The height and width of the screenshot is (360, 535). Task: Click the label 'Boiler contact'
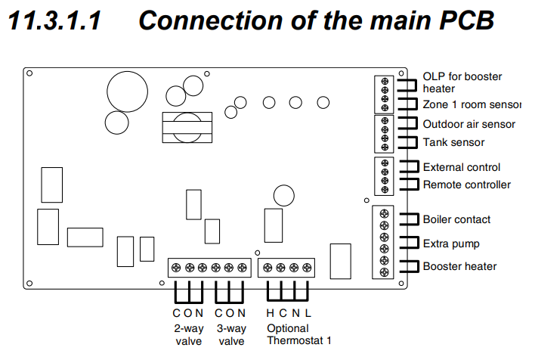(x=456, y=220)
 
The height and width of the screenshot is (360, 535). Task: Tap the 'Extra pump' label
(x=451, y=244)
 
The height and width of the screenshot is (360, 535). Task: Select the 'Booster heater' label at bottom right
(x=459, y=266)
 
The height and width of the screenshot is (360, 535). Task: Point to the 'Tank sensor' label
(x=453, y=142)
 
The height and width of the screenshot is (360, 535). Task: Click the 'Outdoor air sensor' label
(x=469, y=124)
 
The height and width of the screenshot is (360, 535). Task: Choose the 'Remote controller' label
(x=466, y=185)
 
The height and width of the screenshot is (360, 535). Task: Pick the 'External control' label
(x=461, y=167)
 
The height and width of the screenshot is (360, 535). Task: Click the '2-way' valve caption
(x=188, y=328)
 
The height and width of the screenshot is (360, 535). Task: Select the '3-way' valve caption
(x=230, y=328)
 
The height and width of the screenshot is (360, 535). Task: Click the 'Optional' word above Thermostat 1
(x=287, y=328)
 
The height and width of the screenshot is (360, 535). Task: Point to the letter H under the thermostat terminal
(x=270, y=313)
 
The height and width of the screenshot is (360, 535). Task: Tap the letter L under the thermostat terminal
(x=308, y=313)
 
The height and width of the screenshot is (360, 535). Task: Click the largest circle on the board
(x=127, y=92)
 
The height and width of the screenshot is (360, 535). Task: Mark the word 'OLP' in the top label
(x=434, y=76)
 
